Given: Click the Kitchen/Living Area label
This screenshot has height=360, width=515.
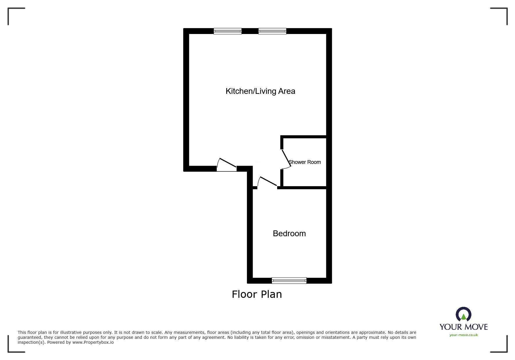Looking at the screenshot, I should tap(260, 91).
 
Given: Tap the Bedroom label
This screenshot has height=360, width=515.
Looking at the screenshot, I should tap(289, 234).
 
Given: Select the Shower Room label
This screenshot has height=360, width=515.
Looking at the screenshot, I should tap(305, 162).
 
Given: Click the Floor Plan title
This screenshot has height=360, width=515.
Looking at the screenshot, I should tap(257, 294).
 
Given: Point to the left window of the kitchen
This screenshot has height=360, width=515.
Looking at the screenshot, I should tap(227, 31).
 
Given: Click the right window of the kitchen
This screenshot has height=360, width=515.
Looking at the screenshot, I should tap(272, 31).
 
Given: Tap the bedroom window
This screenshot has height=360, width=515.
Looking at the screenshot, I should tap(289, 280).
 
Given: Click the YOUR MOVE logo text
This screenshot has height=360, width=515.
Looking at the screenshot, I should tap(464, 327).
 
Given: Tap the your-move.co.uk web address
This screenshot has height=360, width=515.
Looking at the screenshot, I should tap(464, 335).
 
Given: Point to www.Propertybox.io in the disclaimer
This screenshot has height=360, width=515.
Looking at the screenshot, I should tap(93, 342).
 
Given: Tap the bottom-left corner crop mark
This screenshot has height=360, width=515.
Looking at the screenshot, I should tap(12, 348).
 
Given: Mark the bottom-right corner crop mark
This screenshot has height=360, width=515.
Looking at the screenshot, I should tap(503, 348).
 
